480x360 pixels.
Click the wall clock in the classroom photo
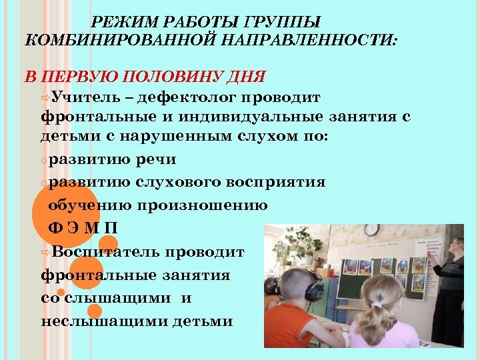[371, 230]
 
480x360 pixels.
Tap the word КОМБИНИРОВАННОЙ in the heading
[99, 39]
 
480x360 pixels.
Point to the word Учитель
[84, 98]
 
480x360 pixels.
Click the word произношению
[203, 205]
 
